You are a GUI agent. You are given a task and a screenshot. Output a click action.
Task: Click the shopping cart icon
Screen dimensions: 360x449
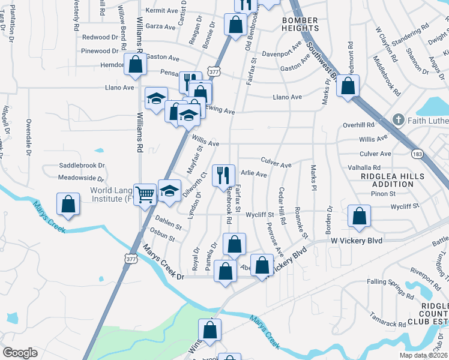click(x=145, y=194)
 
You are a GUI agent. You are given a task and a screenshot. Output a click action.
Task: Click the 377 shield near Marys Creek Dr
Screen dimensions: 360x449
click(x=130, y=258)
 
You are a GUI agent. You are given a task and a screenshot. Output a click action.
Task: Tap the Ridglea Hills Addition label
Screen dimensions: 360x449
click(x=393, y=180)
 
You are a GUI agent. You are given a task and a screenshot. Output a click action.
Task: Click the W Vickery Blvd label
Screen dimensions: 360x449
click(x=357, y=240)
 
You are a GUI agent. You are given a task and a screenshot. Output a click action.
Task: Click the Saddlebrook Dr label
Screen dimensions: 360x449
click(x=82, y=165)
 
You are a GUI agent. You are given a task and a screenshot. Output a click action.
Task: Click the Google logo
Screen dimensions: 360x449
click(x=20, y=352)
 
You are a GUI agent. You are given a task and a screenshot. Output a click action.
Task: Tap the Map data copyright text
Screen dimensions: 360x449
click(x=424, y=355)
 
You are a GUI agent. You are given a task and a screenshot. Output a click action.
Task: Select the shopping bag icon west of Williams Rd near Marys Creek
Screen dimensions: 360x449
click(x=68, y=203)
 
